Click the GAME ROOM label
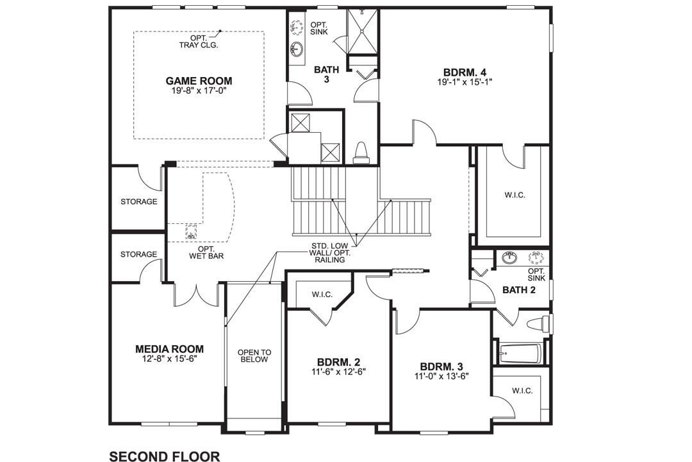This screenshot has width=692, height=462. tap(199, 81)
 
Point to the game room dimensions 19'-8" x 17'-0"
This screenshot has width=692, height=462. tap(199, 91)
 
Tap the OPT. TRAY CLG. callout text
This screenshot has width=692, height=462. tap(199, 42)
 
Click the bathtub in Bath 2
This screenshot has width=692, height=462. tap(520, 352)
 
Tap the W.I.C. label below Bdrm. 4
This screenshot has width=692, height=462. tap(514, 196)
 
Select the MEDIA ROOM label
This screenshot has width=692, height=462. tap(169, 349)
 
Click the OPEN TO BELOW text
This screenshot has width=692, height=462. tap(254, 355)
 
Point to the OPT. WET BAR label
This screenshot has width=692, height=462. tap(206, 252)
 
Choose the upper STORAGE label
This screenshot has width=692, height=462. tap(139, 201)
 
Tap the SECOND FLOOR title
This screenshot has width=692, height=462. tap(165, 456)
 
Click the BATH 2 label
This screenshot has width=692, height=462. tap(518, 290)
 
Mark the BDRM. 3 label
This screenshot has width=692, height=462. tap(441, 366)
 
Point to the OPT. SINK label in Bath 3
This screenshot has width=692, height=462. tap(319, 28)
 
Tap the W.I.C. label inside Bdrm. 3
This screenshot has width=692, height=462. tap(522, 390)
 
